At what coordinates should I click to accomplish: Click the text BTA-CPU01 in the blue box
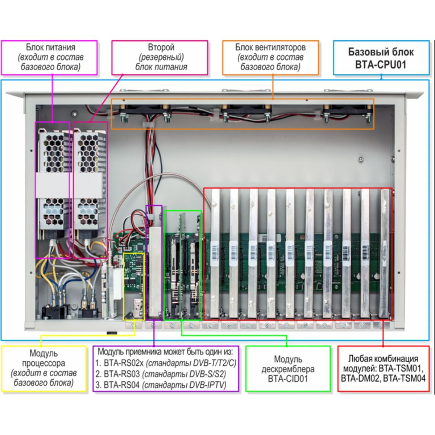[x=380, y=65]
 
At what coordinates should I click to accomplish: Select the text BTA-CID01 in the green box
[x=288, y=379]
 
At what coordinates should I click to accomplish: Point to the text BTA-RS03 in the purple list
[x=121, y=374]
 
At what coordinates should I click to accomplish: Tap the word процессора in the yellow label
[x=43, y=363]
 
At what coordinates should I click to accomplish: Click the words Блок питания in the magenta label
[x=50, y=47]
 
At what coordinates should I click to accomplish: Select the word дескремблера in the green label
[x=288, y=369]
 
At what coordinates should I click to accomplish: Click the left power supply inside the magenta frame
[x=53, y=181]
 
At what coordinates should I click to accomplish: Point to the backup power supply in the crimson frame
[x=91, y=181]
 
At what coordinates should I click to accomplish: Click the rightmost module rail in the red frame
[x=384, y=254]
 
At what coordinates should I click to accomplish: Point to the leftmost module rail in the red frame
[x=215, y=254]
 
